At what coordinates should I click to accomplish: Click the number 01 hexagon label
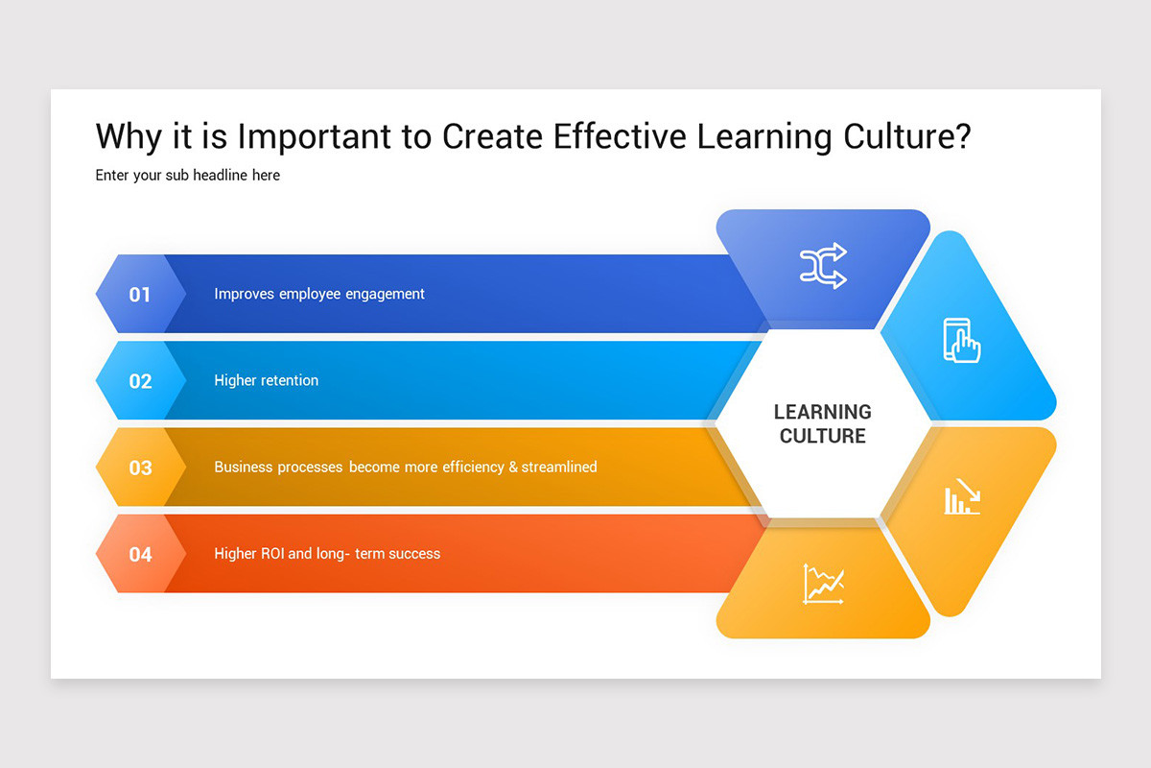[x=140, y=294]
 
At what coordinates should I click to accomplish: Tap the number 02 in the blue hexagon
[x=140, y=381]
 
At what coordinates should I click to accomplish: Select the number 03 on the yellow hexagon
[x=140, y=468]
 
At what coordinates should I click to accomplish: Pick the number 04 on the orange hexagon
[x=140, y=554]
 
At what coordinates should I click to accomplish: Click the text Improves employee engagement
[x=318, y=294]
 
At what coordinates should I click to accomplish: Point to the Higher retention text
[x=266, y=380]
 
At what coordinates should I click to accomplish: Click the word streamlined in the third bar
[x=560, y=467]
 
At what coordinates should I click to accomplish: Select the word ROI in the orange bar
[x=272, y=553]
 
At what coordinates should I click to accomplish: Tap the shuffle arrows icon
[x=823, y=266]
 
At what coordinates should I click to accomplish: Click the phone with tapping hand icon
[x=962, y=340]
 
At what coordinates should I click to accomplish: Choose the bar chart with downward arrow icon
[x=962, y=496]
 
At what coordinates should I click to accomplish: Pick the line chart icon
[x=823, y=584]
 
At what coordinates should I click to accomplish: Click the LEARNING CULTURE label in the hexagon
[x=823, y=423]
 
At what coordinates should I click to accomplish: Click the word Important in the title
[x=316, y=136]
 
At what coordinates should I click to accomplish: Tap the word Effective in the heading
[x=620, y=136]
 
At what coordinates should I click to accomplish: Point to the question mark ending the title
[x=962, y=136]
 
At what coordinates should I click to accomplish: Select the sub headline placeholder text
[x=188, y=176]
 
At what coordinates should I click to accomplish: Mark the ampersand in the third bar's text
[x=513, y=467]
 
